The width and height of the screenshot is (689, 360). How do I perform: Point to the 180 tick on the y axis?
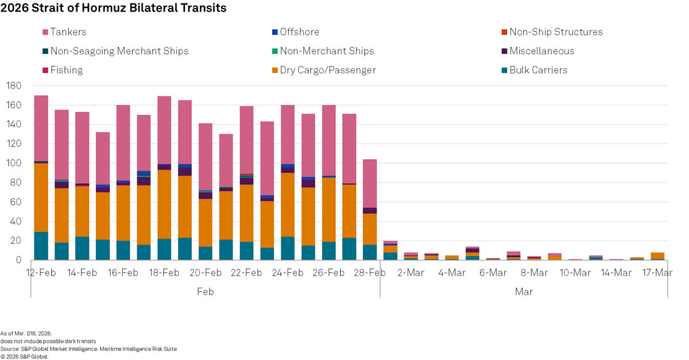click(14, 86)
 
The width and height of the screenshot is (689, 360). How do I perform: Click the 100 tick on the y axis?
click(14, 163)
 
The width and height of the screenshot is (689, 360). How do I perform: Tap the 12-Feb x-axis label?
click(41, 273)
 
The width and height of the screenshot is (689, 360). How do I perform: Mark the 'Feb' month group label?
click(205, 292)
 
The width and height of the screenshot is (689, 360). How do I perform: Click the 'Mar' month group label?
click(524, 292)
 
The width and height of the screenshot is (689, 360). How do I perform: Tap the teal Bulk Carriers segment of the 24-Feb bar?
click(288, 248)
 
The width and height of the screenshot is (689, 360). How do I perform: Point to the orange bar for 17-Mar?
click(657, 256)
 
